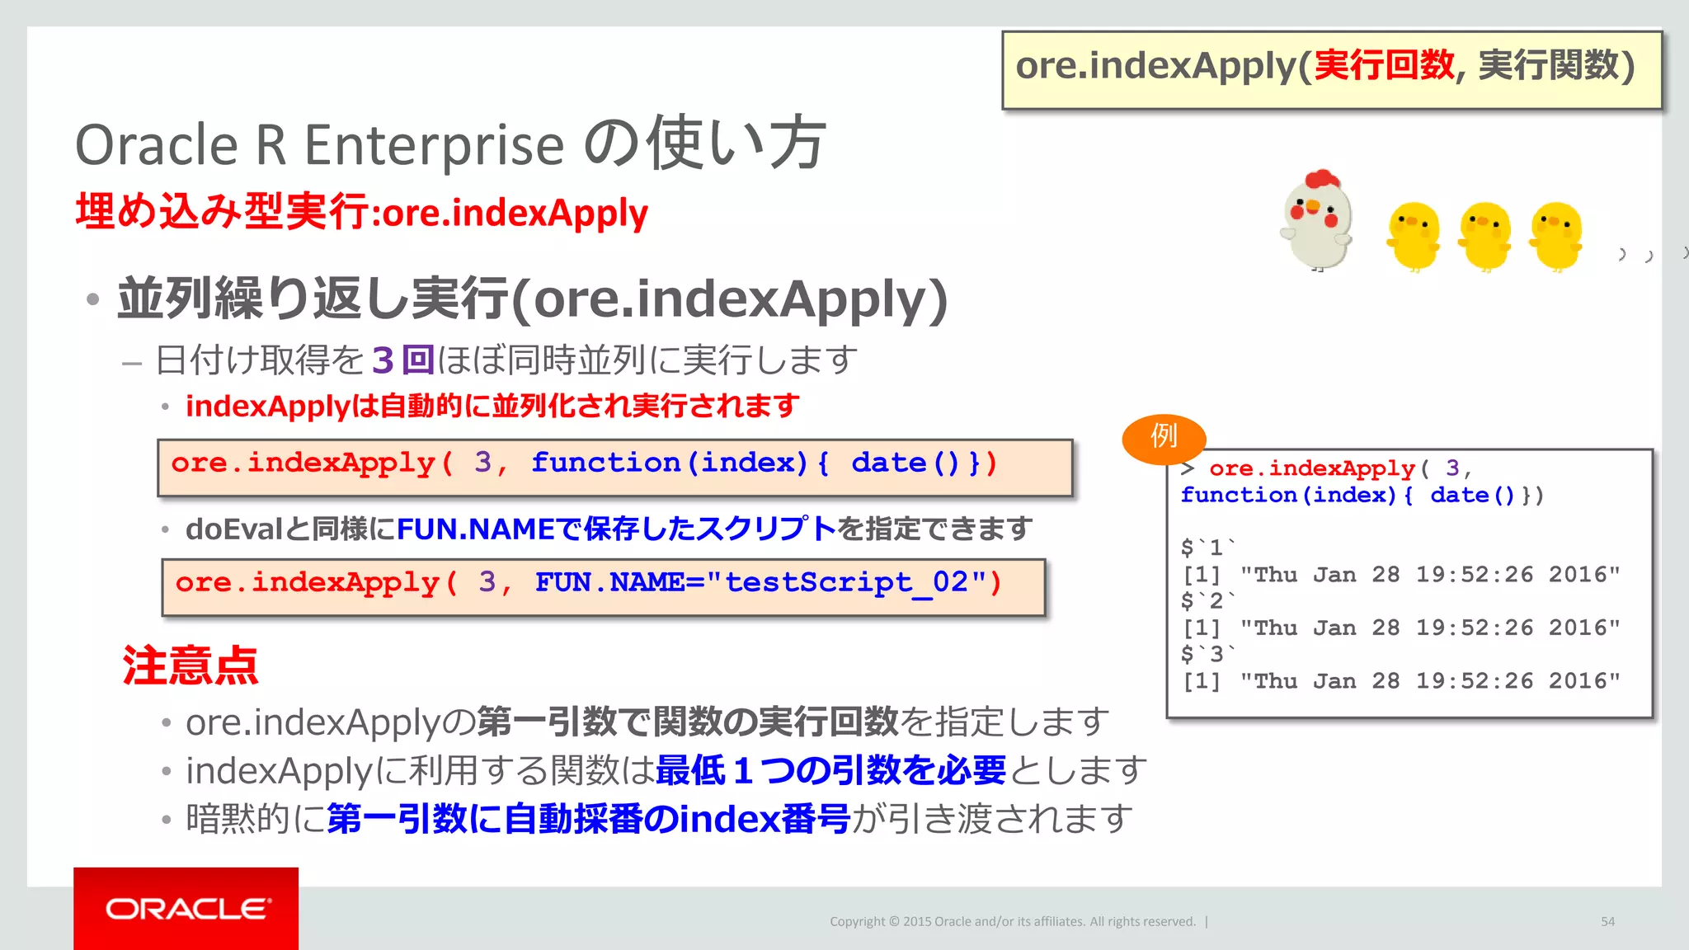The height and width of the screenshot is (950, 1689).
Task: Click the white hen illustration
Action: [1317, 223]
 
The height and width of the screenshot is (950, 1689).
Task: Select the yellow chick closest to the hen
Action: [1414, 236]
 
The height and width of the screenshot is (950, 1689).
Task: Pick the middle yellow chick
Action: [1484, 236]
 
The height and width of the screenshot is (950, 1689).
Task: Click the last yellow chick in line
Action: [1556, 236]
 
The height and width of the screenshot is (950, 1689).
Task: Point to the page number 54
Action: [1607, 921]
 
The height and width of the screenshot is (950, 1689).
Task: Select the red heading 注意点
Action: [191, 665]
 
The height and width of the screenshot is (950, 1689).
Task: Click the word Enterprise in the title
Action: [434, 145]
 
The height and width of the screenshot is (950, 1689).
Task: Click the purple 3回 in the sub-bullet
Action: [402, 360]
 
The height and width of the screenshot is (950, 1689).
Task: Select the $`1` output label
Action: [1208, 548]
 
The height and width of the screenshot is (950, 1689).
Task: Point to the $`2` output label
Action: [1208, 601]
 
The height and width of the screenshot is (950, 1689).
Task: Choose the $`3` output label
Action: [1208, 655]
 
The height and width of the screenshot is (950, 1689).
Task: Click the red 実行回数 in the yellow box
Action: [1384, 66]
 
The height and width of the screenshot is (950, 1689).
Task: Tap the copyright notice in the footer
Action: [1012, 921]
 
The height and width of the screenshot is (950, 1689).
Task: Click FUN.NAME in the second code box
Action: [609, 582]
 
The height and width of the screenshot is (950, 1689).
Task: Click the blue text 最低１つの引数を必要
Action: [830, 771]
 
